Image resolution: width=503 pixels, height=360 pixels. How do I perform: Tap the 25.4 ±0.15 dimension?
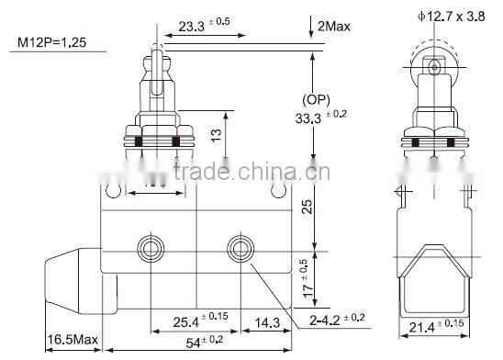coord(194,322)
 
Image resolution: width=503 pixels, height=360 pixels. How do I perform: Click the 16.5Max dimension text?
coord(72,342)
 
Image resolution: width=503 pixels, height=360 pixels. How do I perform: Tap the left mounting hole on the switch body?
coord(147,247)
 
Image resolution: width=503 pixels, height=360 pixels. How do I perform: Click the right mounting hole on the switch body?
coord(242,247)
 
